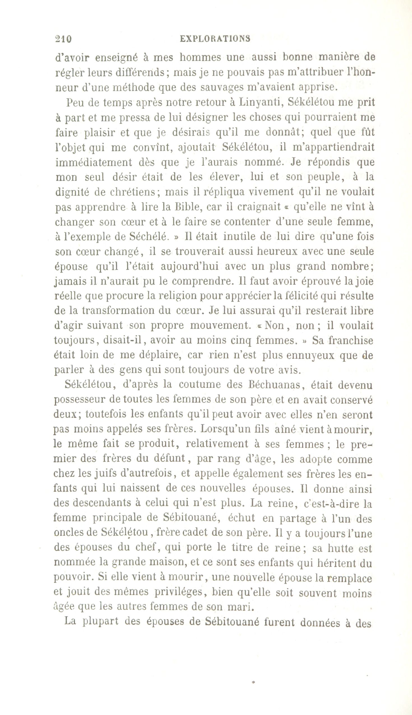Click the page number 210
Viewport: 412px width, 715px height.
64,39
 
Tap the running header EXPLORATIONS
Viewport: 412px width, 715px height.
215,39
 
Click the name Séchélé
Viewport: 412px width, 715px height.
147,237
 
